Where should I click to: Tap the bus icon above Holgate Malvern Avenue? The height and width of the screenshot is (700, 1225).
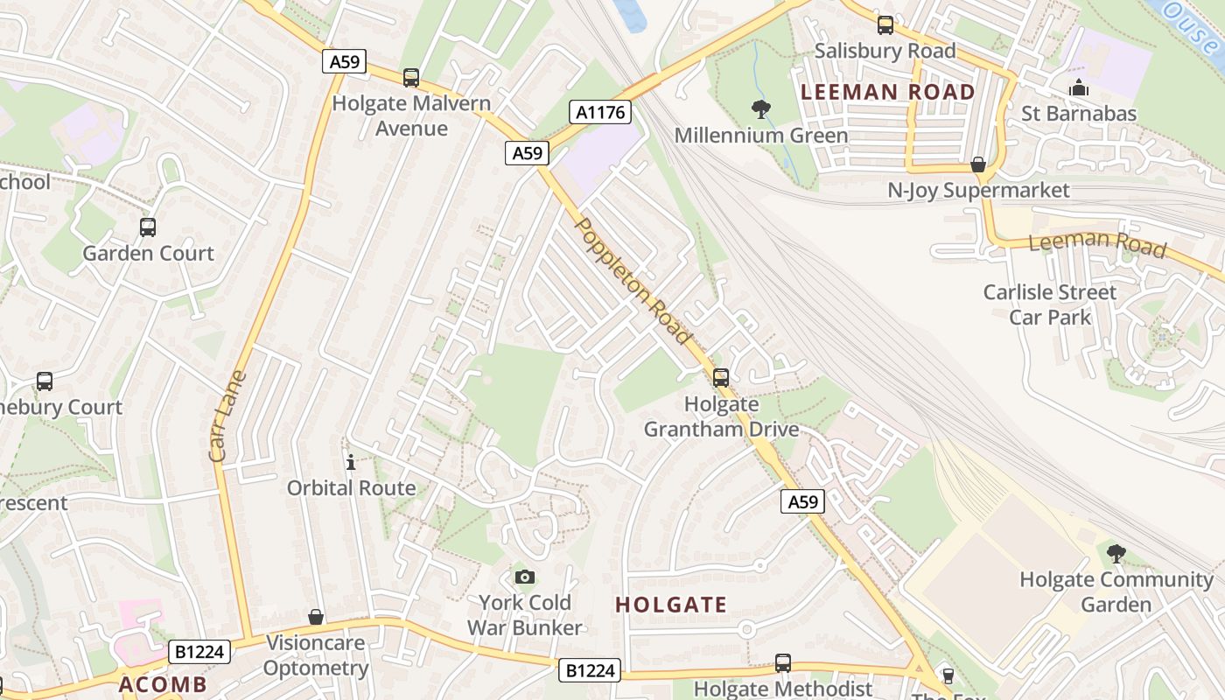click(411, 78)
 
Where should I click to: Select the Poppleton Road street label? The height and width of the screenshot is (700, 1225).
click(633, 280)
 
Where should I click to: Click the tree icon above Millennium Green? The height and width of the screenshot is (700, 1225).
click(761, 109)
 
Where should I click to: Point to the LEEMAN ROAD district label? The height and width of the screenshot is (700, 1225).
click(887, 92)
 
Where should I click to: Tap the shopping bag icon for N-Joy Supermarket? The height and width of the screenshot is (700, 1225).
click(978, 164)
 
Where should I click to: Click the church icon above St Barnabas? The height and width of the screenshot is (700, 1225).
click(1079, 88)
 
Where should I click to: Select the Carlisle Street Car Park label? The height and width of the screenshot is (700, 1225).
click(1049, 304)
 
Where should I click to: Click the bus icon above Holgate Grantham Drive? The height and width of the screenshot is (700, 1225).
click(720, 378)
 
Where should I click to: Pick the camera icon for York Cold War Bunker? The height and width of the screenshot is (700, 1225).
click(524, 577)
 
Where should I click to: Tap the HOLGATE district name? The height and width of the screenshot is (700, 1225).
click(671, 605)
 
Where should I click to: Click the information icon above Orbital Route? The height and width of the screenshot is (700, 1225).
click(351, 462)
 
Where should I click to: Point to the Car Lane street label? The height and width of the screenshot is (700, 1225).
click(228, 416)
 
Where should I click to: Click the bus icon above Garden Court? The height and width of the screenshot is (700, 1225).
click(148, 227)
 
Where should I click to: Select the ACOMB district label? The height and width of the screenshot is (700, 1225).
click(163, 684)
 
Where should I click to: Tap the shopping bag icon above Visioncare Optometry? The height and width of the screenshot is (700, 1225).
click(316, 618)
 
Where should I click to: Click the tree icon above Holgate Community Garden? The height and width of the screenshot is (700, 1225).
click(1116, 553)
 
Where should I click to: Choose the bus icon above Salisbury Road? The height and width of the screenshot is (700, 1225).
click(885, 25)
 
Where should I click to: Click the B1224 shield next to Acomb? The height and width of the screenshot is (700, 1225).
click(199, 651)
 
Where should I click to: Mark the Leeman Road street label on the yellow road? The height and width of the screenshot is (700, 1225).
click(1097, 242)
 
